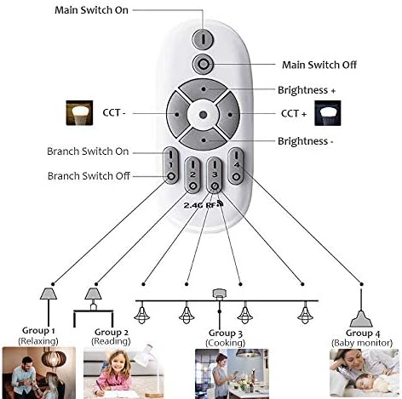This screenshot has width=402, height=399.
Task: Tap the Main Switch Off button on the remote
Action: click(203, 64)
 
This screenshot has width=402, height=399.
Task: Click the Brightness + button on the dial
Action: click(204, 89)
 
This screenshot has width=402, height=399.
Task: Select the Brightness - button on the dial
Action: click(204, 140)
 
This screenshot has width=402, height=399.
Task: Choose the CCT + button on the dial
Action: click(229, 115)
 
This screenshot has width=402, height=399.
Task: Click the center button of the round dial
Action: click(203, 115)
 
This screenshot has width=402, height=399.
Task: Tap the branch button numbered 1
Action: click(171, 165)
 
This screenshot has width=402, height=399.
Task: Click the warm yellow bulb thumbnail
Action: click(79, 112)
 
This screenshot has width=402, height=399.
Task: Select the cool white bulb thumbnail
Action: click(328, 113)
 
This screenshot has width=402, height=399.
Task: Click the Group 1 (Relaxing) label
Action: click(38, 335)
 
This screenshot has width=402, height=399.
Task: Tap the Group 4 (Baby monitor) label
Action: click(362, 338)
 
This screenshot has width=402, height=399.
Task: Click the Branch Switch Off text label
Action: click(89, 176)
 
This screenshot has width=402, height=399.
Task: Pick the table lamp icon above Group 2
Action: click(93, 299)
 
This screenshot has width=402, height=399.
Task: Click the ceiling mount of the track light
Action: click(219, 294)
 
